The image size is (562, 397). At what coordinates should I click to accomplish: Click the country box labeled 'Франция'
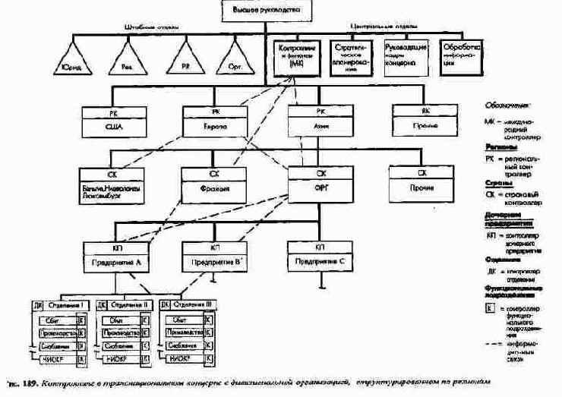(x=215, y=184)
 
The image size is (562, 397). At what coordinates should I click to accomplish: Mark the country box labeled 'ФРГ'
(x=321, y=184)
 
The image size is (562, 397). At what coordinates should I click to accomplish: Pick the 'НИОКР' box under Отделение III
(x=182, y=358)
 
